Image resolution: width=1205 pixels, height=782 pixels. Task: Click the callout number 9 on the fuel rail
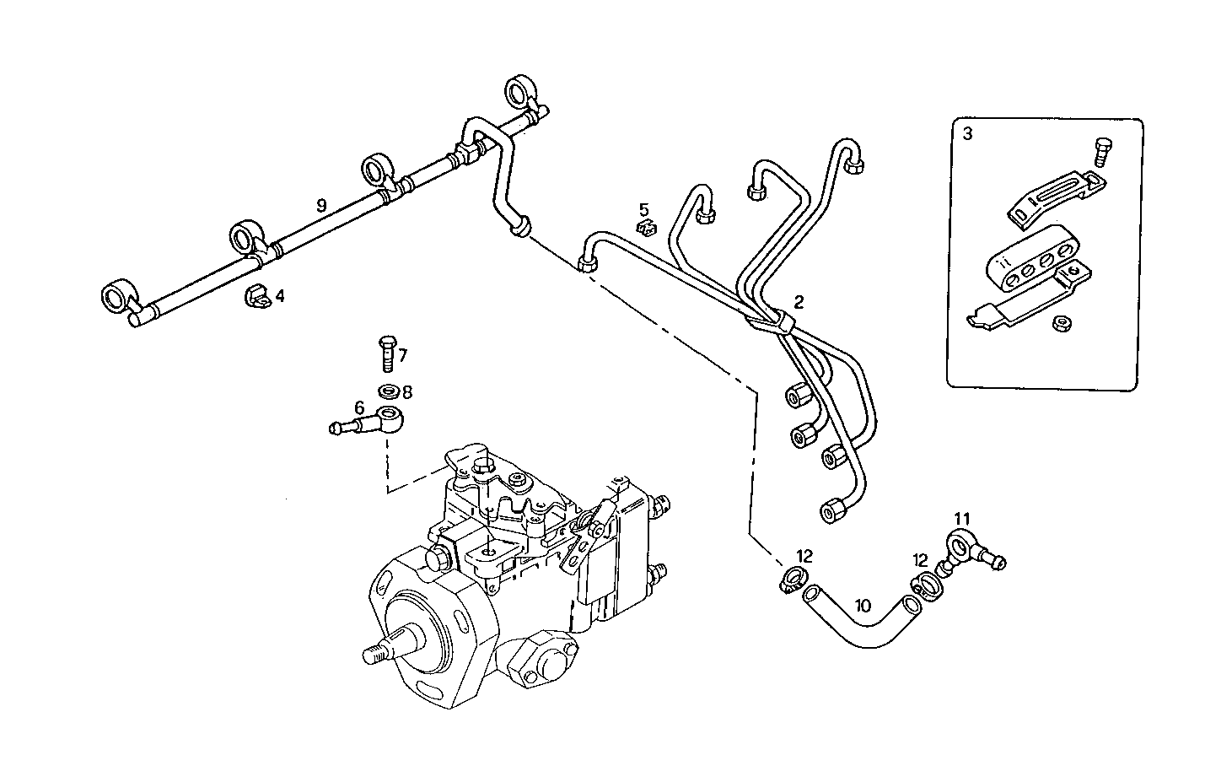pos(320,205)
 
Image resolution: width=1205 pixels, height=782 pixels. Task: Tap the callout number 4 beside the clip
pos(280,296)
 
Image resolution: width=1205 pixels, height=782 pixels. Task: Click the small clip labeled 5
pos(646,228)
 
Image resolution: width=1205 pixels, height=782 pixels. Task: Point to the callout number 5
pos(644,208)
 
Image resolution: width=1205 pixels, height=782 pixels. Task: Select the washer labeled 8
pos(389,391)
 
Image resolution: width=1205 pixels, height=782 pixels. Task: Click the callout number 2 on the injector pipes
pos(799,301)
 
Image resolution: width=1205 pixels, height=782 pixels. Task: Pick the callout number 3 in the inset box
pos(967,134)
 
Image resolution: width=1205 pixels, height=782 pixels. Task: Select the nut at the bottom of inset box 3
pos(1060,322)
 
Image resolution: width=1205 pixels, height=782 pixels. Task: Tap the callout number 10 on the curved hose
pos(862,605)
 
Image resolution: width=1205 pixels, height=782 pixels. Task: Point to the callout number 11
pos(963,518)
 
